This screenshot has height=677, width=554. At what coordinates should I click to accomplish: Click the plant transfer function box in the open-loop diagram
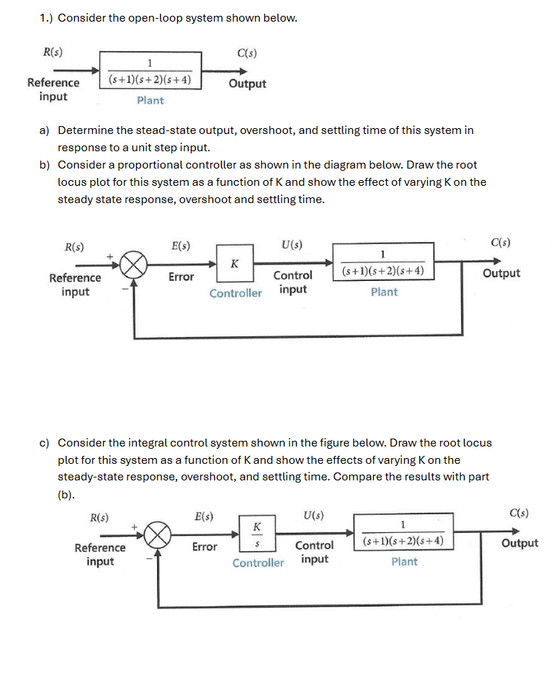150,70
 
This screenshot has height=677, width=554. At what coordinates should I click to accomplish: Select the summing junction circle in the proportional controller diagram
134,265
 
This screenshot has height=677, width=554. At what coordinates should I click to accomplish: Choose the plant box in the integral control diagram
403,534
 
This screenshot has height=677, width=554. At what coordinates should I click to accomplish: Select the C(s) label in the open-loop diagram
246,52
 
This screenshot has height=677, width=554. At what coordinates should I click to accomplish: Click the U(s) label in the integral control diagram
313,516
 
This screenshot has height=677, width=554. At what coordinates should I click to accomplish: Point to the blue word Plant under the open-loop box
150,101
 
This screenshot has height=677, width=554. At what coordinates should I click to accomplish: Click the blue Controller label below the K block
236,293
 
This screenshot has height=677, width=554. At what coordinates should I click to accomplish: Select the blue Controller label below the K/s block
258,563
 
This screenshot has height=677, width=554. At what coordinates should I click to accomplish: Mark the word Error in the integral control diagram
205,547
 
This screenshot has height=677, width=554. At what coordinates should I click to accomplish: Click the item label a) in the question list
44,130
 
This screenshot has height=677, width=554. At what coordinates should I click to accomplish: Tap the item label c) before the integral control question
44,443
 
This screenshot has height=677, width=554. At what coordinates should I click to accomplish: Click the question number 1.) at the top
47,18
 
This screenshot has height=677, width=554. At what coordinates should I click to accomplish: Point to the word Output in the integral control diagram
519,543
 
